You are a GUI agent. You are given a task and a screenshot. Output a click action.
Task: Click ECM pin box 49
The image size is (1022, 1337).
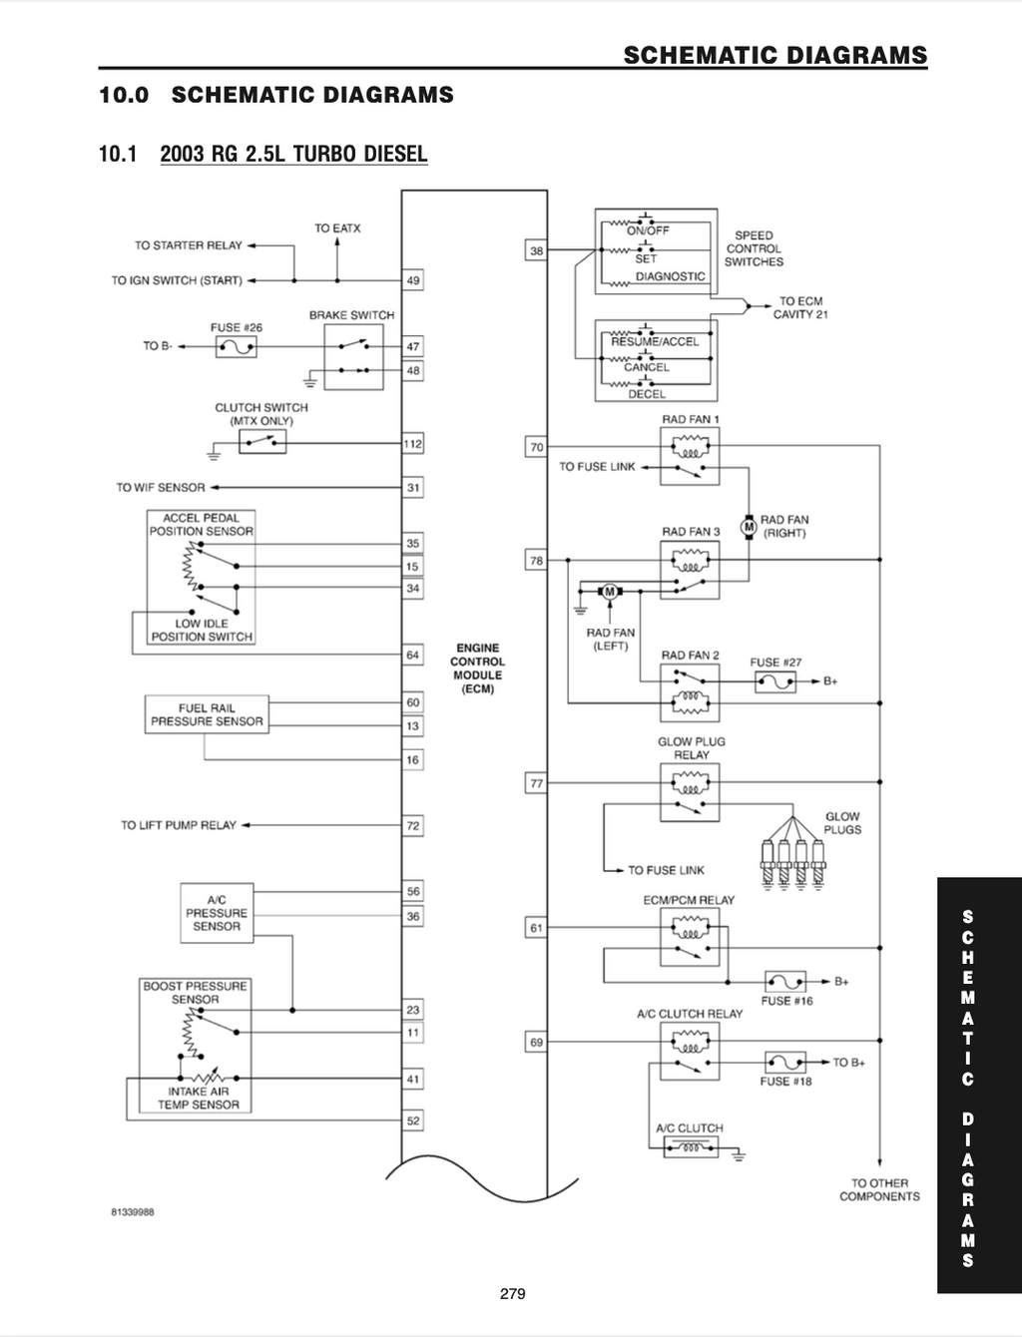point(413,280)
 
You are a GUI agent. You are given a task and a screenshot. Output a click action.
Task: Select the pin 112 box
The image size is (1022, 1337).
point(413,443)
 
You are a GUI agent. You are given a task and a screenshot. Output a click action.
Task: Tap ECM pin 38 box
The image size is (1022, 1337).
point(536,250)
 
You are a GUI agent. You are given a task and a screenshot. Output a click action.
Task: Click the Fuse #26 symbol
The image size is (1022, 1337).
point(237,346)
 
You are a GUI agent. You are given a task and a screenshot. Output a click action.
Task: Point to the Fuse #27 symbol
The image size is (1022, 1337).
point(775,681)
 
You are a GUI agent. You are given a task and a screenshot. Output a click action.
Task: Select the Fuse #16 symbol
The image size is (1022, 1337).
point(785,981)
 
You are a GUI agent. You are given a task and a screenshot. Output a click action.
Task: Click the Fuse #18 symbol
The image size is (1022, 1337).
point(785,1063)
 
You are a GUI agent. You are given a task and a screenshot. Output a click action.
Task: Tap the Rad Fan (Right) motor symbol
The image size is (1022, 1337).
point(749,526)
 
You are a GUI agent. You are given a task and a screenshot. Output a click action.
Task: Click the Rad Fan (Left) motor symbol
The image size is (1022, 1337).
point(610,591)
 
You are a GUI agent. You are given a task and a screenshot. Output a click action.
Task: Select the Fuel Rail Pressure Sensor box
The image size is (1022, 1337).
point(207,714)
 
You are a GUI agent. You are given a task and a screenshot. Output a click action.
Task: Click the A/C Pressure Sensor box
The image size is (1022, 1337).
point(217,913)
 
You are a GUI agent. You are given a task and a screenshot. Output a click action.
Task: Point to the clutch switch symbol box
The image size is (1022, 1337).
point(262,442)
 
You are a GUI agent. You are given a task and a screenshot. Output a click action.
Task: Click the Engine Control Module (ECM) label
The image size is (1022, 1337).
point(477,668)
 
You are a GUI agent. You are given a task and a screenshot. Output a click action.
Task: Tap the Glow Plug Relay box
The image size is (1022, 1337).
point(690,792)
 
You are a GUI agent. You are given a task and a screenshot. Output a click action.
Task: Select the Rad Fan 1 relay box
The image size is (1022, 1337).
point(690,456)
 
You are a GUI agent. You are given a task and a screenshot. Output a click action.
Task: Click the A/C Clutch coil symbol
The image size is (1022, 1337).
point(691,1147)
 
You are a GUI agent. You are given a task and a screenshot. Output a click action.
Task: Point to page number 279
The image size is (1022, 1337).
point(513,1293)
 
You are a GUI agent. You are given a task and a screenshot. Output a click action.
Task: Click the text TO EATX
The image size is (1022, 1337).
point(337,228)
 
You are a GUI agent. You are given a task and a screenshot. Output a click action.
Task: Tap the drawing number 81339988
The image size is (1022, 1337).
point(132,1212)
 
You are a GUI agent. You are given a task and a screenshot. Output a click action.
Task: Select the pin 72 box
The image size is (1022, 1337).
point(413,826)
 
